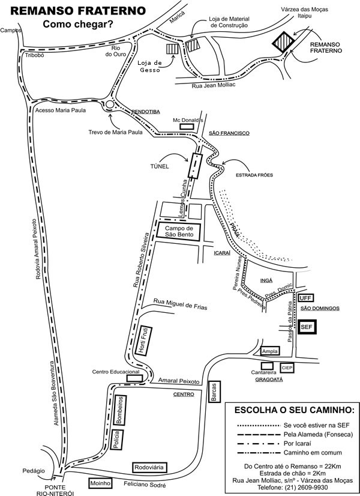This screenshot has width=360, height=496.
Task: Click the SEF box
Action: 307,327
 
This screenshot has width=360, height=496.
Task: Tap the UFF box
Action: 305,298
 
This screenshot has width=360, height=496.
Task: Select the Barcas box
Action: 214,392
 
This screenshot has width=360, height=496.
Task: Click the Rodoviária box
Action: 149,467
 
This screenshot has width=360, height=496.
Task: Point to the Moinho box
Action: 101,483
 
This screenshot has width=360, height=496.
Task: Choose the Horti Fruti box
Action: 144,340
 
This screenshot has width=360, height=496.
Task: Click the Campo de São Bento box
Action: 179,232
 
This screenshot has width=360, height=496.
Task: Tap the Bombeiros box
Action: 120,410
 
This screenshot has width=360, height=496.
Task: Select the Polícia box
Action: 116,440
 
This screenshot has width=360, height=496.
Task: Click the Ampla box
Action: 270,351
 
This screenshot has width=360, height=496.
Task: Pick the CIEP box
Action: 287,367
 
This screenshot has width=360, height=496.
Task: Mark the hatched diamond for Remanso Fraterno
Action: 284,41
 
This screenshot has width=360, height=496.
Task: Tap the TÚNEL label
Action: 160,166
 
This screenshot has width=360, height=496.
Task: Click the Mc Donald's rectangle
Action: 187,127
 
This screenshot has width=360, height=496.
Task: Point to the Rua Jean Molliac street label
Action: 214,85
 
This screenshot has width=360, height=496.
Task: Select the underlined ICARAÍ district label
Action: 222,253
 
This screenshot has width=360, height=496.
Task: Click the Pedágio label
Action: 34,471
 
